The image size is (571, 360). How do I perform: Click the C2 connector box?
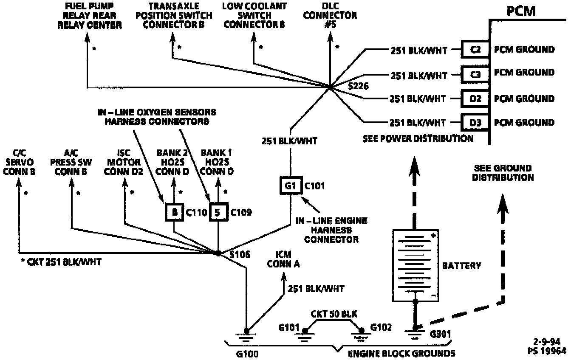[475, 50]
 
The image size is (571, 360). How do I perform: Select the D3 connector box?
[475, 123]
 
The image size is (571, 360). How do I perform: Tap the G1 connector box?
[290, 186]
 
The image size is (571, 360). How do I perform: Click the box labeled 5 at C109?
[218, 212]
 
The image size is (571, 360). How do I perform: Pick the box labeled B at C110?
[174, 212]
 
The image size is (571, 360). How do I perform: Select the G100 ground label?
[247, 354]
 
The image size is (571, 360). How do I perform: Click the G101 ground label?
[289, 328]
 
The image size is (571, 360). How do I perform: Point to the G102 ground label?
[381, 328]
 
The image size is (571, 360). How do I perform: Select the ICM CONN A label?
[283, 260]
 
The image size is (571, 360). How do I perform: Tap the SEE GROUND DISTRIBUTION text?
[503, 173]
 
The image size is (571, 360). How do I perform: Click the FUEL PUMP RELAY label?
[93, 16]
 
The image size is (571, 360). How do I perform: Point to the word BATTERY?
[462, 266]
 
